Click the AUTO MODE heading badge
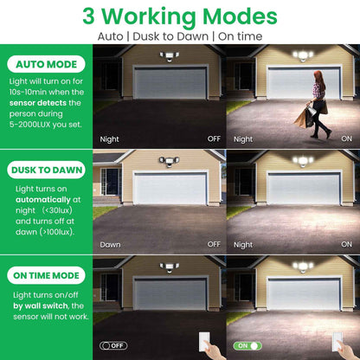[x=46, y=64]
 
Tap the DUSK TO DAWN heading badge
[x=46, y=170]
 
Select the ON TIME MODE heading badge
[x=46, y=275]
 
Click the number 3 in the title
[x=88, y=16]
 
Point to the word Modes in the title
[x=240, y=16]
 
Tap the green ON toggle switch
[x=247, y=345]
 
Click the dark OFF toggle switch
[x=113, y=345]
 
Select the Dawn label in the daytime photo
[x=110, y=245]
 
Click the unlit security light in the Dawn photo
[x=169, y=161]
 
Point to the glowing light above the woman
[x=303, y=55]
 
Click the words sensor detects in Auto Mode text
[x=38, y=103]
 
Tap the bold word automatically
[x=43, y=200]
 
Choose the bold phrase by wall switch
[x=41, y=305]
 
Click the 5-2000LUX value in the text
[x=29, y=125]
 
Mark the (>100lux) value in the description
[x=57, y=232]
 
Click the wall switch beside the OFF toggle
[x=204, y=342]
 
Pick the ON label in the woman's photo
[x=346, y=138]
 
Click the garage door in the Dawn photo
[x=170, y=189]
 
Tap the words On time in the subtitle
[x=241, y=36]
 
